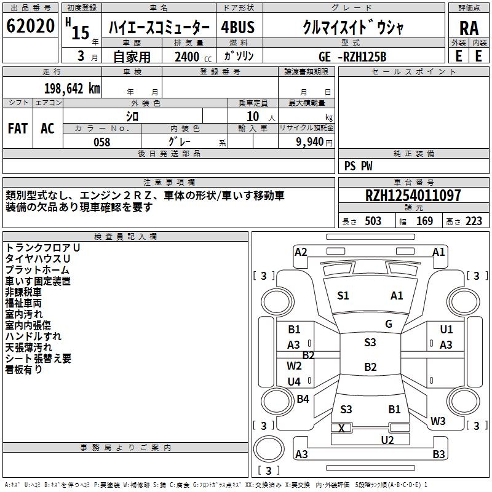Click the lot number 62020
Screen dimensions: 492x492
tap(30, 26)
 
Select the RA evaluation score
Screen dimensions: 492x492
tap(469, 28)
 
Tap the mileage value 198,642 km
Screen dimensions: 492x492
tap(72, 89)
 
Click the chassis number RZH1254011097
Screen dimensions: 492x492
tap(413, 196)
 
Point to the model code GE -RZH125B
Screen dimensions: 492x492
tap(352, 57)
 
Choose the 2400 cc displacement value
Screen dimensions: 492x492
tap(193, 57)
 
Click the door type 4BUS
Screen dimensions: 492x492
tap(237, 27)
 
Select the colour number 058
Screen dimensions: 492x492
tap(102, 142)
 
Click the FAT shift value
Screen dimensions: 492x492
tap(18, 129)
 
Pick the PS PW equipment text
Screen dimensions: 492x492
tap(358, 166)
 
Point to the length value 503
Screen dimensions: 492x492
tap(373, 221)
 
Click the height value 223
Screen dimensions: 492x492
tap(474, 221)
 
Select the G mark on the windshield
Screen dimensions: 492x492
tap(389, 324)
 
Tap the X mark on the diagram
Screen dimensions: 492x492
tap(341, 428)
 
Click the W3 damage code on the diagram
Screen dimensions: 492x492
tap(438, 421)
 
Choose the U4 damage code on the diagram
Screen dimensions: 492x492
tap(294, 381)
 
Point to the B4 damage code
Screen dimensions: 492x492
tap(303, 399)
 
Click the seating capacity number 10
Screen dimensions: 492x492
tap(253, 116)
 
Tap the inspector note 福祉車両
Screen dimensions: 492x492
tap(23, 303)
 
